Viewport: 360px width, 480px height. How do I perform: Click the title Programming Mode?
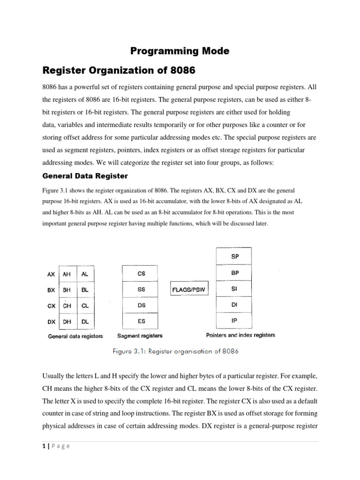180,51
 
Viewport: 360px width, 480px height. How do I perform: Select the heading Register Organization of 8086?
119,71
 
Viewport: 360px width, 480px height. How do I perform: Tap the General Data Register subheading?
85,176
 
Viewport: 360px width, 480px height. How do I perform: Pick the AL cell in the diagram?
85,274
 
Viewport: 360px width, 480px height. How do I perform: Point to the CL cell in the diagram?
85,306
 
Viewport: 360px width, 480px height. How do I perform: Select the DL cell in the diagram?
85,322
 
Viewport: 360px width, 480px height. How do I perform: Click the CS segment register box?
141,274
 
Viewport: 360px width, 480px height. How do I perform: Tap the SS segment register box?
141,290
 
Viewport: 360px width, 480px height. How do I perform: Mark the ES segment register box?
141,322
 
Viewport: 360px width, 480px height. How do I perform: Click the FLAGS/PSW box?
188,290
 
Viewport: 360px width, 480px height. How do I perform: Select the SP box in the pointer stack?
234,256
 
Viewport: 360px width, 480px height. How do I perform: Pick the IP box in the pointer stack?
234,321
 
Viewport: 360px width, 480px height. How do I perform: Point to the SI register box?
234,289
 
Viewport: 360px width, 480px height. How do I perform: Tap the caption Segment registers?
140,336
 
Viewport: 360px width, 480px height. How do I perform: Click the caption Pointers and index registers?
240,335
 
